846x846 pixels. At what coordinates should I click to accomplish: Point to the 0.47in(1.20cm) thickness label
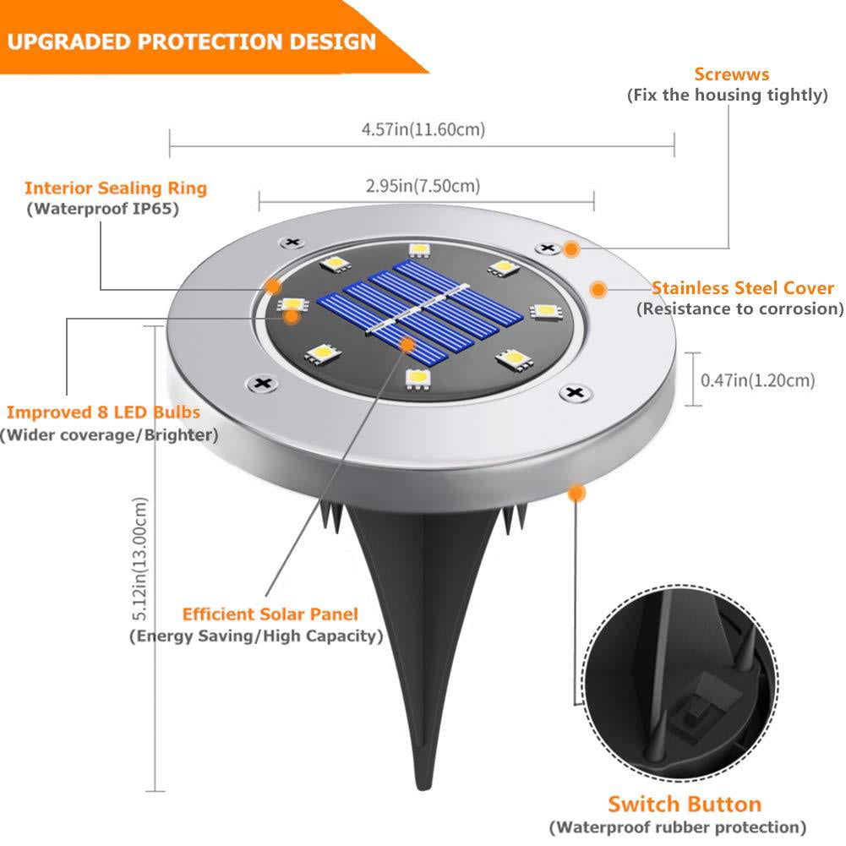coord(758,380)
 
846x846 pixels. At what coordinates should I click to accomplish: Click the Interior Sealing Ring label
coord(116,188)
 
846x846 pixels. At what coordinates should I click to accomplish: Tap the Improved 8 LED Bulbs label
coord(104,412)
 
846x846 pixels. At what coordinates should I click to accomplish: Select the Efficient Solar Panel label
coord(270,614)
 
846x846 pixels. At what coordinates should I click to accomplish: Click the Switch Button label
coord(685,804)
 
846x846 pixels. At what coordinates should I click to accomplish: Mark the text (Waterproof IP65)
coord(102,209)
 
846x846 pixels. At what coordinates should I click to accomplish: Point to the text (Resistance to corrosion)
coord(740,309)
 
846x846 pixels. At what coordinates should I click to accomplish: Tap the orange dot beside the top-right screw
coord(572,249)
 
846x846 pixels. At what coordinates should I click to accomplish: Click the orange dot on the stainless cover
coord(598,290)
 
